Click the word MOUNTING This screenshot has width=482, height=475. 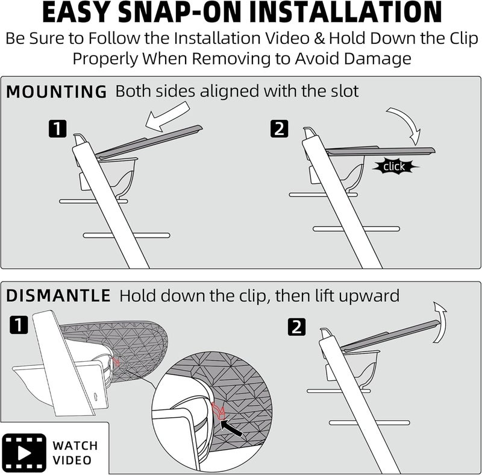(56, 92)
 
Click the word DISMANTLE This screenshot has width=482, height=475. (58, 295)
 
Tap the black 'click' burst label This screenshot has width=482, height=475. (395, 166)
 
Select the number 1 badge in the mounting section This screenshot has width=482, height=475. (57, 129)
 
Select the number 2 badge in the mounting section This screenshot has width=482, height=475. (280, 128)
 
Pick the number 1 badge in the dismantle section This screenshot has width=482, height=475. (19, 324)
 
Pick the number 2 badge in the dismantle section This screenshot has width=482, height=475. (297, 327)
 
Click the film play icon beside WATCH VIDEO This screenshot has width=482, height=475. (24, 453)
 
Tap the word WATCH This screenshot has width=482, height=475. (75, 445)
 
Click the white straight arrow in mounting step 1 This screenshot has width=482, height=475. (167, 116)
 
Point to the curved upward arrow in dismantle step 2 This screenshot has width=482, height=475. (440, 321)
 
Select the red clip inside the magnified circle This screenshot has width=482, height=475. (219, 411)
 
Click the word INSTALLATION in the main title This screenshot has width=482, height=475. (345, 12)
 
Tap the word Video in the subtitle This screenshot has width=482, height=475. (287, 39)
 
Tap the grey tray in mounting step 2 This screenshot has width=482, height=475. (381, 151)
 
